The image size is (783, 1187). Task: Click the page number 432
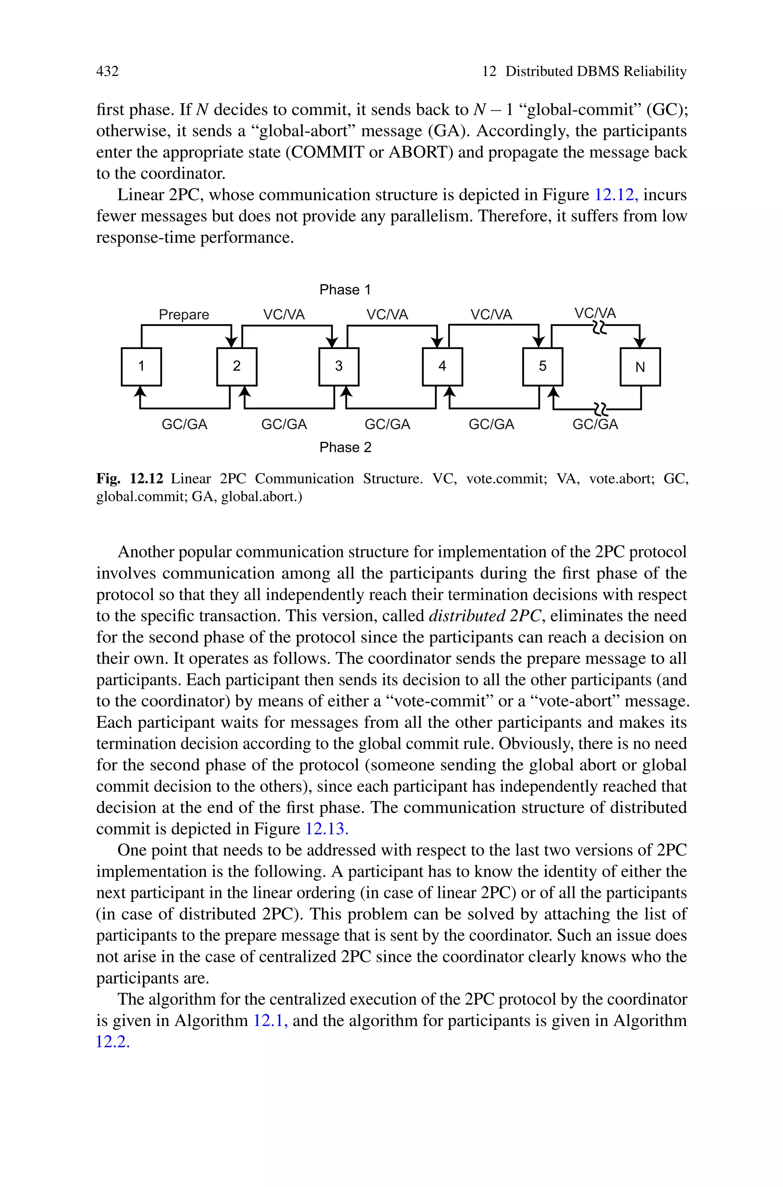click(107, 71)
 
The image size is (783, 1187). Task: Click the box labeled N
click(640, 367)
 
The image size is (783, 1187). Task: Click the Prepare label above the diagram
click(184, 315)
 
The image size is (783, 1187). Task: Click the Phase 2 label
click(345, 447)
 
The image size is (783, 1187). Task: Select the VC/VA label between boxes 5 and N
click(595, 313)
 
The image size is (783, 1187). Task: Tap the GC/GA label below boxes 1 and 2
click(184, 424)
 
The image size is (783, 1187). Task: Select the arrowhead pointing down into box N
click(640, 343)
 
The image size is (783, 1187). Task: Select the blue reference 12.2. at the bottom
click(113, 1042)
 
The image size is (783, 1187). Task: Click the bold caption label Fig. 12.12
click(130, 479)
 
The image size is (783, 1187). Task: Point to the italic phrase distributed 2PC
click(485, 616)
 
